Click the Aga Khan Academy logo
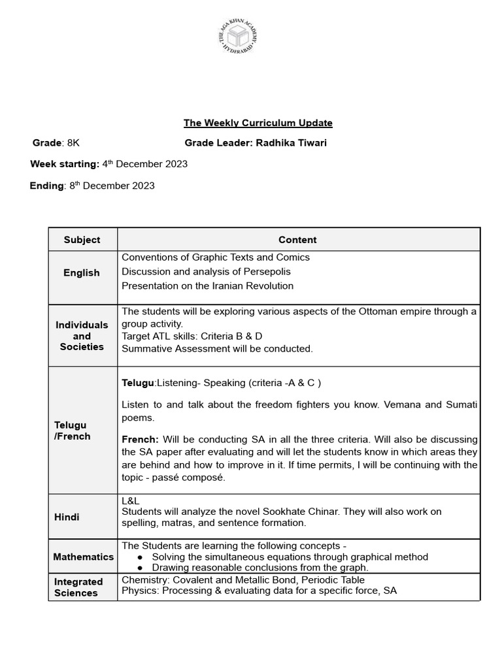point(239,39)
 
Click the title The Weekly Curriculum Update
point(258,123)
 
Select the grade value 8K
point(73,143)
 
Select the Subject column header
point(82,240)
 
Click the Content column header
point(297,240)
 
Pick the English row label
point(82,273)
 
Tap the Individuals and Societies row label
point(82,336)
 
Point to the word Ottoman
point(382,312)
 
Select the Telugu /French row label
point(72,431)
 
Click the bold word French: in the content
point(140,440)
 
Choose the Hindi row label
point(67,517)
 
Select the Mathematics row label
point(83,557)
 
